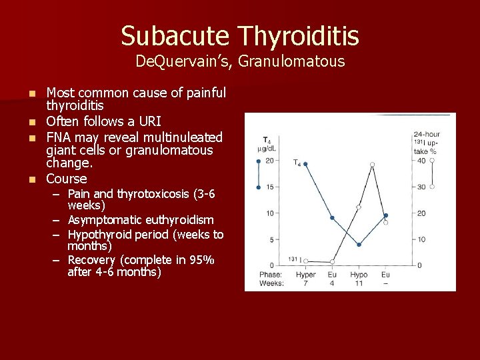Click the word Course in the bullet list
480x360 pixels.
(67, 179)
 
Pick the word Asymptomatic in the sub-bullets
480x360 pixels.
(104, 220)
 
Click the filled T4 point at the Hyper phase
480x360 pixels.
(305, 164)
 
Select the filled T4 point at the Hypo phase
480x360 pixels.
(359, 245)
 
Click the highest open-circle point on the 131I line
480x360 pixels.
(372, 164)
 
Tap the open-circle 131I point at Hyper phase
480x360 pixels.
(305, 261)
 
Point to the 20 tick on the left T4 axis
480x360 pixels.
(269, 161)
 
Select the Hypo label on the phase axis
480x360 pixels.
(359, 274)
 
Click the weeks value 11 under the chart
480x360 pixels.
(359, 283)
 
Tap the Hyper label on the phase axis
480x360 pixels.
(305, 274)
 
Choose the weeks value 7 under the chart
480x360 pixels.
(305, 283)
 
